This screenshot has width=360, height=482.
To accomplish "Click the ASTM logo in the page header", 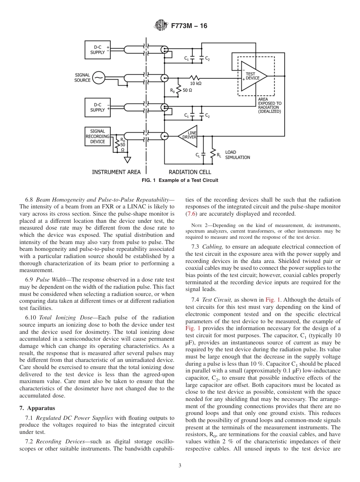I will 161,26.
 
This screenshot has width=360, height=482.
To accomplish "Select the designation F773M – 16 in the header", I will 189,26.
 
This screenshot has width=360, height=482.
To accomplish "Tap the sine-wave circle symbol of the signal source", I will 98,78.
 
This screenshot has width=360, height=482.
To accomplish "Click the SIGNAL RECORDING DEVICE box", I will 97,136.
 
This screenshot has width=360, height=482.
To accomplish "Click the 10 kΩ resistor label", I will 196,83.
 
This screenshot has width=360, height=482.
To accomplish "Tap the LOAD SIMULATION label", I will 238,155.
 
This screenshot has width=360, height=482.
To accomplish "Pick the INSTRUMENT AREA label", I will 116,172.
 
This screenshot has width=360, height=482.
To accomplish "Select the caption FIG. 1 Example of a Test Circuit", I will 180,180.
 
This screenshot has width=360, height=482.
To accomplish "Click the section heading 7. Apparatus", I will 37,408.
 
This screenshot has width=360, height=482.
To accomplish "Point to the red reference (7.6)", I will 191,214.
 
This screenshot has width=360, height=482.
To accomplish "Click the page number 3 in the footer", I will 180,466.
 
